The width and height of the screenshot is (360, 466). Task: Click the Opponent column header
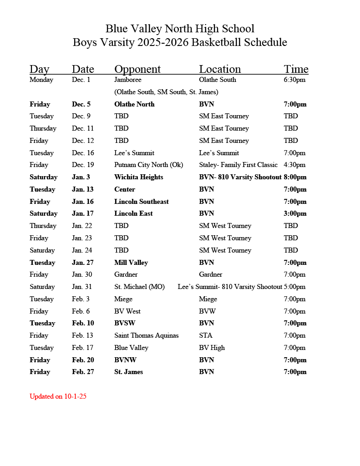[x=137, y=69]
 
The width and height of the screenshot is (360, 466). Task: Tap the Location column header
[x=220, y=69]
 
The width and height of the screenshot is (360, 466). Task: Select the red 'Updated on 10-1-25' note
[x=58, y=396]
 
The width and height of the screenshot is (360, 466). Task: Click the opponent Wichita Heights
[x=138, y=177]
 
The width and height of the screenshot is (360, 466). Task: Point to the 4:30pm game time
[x=294, y=165]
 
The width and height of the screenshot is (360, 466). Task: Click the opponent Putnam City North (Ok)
[x=148, y=165]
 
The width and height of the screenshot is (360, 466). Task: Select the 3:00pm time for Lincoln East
[x=295, y=213]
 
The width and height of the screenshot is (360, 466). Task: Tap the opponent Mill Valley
[x=131, y=263]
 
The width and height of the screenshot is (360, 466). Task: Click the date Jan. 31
[x=82, y=287]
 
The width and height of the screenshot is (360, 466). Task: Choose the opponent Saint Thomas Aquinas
[x=146, y=335]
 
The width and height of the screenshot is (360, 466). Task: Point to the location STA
[x=206, y=335]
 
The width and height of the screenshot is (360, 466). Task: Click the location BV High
[x=212, y=348]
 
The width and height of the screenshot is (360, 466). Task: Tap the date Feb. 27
[x=83, y=372]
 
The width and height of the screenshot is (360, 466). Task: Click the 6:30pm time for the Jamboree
[x=294, y=80]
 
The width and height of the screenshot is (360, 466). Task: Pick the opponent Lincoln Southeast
[x=141, y=202]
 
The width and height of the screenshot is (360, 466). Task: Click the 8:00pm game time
[x=295, y=177]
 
